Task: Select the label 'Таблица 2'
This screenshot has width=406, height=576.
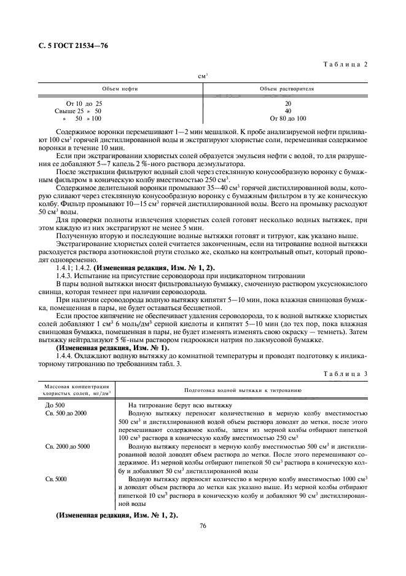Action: point(347,65)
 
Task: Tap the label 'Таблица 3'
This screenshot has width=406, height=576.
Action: point(347,374)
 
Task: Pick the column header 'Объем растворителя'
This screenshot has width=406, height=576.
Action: point(287,89)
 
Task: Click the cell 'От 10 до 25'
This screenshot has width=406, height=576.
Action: point(84,104)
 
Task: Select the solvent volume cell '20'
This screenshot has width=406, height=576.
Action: point(287,104)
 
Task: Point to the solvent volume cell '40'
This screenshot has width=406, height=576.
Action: point(287,111)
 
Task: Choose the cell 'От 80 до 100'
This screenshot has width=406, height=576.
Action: point(287,119)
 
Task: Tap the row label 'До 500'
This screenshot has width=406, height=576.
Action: point(55,405)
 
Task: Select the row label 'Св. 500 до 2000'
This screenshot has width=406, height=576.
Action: point(66,413)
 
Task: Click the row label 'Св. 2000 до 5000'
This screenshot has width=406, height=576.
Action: point(68,445)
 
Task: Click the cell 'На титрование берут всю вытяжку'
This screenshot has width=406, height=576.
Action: point(179,405)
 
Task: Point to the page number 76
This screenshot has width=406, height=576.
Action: point(203,525)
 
